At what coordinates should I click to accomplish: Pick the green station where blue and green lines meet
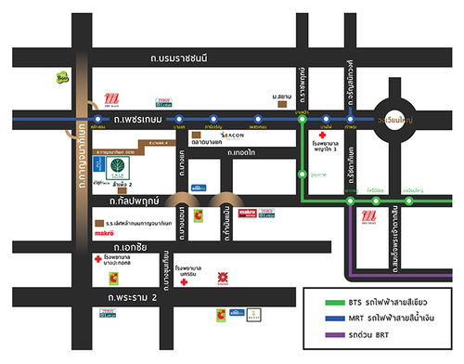point(303,119)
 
